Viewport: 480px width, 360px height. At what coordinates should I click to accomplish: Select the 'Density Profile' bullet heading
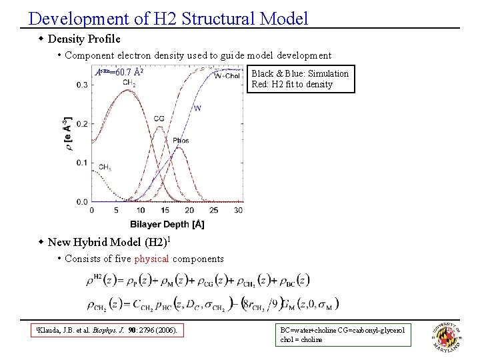(x=84, y=39)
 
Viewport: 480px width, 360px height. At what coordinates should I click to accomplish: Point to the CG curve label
(x=159, y=119)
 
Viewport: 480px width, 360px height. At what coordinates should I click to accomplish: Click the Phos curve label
(x=180, y=141)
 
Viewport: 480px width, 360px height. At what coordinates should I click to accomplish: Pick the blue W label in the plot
(x=197, y=108)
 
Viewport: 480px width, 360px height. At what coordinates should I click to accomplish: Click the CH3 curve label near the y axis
(x=105, y=167)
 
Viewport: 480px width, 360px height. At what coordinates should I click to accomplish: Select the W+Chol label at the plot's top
(x=227, y=75)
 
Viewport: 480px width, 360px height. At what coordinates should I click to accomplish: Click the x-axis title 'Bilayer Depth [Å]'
(x=167, y=224)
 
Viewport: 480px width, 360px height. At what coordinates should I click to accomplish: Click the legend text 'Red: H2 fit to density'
(x=292, y=85)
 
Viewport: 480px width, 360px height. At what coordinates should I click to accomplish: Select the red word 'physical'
(x=151, y=259)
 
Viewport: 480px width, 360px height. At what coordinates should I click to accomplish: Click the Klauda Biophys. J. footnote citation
(x=106, y=329)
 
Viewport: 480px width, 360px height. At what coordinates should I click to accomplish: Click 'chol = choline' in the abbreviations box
(x=301, y=339)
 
